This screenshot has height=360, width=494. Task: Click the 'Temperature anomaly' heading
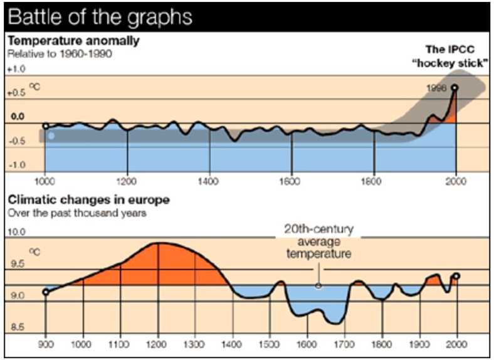[x=73, y=41]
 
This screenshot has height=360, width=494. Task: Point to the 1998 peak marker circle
[x=454, y=88]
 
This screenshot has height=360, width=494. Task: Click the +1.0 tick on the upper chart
[x=15, y=68]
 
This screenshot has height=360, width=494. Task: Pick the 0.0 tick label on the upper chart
[x=17, y=117]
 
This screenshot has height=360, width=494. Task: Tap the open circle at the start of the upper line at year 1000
[x=45, y=126]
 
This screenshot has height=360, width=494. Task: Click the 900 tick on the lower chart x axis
[x=45, y=344]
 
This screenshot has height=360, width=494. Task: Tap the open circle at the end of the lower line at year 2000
[x=456, y=276]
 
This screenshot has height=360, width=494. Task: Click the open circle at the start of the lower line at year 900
[x=45, y=292]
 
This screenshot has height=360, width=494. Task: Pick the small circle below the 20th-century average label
[x=318, y=285]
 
